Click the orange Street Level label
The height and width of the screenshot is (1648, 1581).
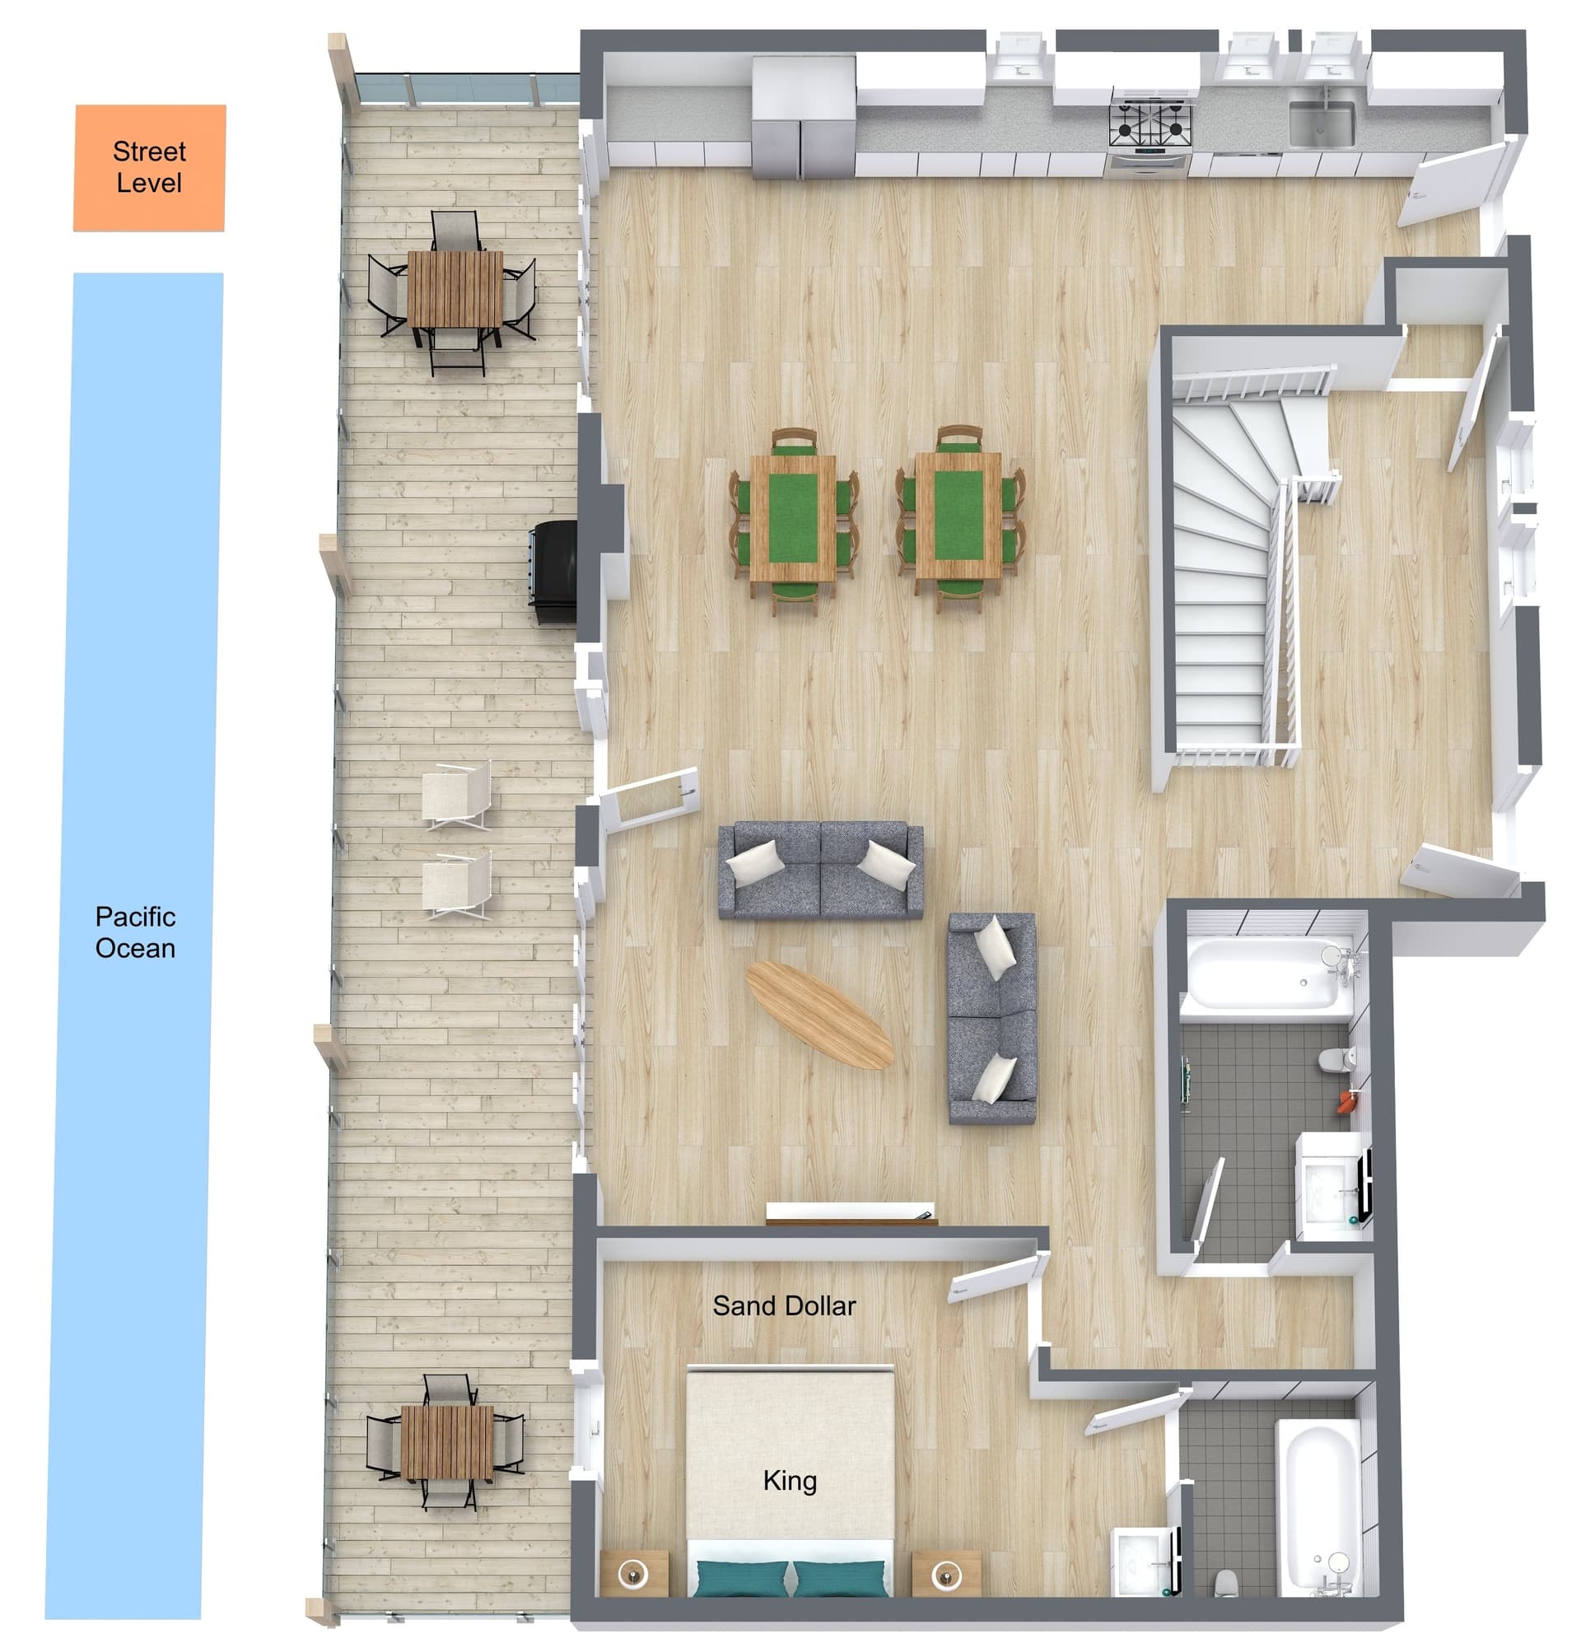tap(150, 167)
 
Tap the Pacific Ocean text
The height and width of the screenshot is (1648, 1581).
tap(135, 931)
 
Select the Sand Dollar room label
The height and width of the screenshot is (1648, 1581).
tap(784, 1305)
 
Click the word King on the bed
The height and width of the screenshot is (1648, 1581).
tap(789, 1481)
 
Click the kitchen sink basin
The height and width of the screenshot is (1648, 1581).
tap(1322, 124)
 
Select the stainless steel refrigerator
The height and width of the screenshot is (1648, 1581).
tap(804, 118)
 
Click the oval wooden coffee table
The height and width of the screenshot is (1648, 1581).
tap(819, 1015)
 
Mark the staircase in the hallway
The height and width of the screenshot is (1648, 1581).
tap(1232, 572)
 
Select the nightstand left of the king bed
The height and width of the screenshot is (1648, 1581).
tap(635, 1574)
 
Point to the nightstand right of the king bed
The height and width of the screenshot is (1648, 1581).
tap(947, 1574)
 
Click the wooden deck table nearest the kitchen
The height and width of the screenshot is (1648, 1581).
tap(455, 289)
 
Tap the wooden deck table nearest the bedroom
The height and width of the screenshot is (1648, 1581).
tap(447, 1444)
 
